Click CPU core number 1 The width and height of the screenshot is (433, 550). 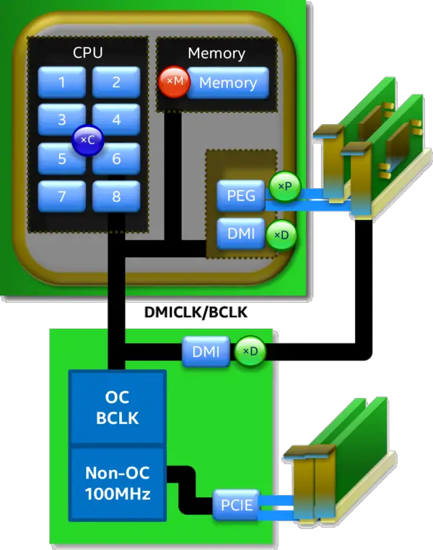click(x=62, y=82)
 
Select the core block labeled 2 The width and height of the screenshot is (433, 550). click(x=116, y=82)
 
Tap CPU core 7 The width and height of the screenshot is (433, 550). click(x=62, y=195)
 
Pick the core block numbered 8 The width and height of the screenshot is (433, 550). click(x=116, y=195)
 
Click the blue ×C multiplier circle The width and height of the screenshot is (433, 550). click(x=87, y=141)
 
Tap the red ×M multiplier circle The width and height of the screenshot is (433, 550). click(x=174, y=83)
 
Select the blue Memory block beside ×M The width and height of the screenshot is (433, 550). click(x=228, y=83)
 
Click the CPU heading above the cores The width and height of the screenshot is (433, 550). click(x=87, y=53)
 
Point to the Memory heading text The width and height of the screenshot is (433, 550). click(x=216, y=53)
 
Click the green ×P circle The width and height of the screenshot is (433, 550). click(x=283, y=187)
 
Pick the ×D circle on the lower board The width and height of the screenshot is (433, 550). click(x=249, y=352)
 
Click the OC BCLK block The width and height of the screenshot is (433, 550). click(x=117, y=407)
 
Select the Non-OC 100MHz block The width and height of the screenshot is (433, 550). click(x=117, y=484)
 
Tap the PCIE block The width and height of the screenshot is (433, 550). click(x=235, y=505)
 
